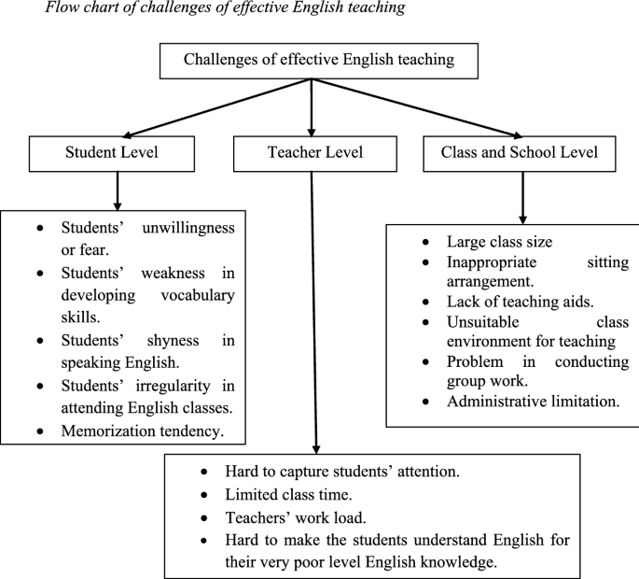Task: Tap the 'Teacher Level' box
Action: (x=313, y=153)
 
